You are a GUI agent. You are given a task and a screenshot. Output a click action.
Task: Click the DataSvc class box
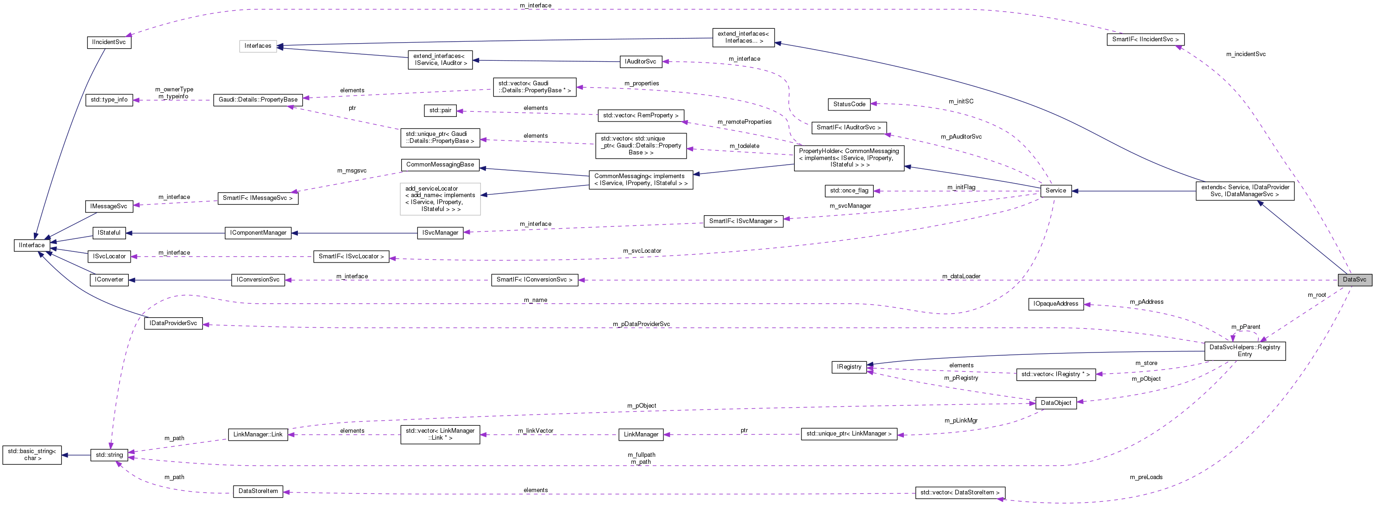1354,280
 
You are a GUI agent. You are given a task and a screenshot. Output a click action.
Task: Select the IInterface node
32,245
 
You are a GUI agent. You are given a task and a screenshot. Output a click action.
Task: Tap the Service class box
1055,190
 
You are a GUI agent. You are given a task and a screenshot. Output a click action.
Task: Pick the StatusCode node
849,104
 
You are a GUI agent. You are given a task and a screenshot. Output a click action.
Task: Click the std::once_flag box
849,191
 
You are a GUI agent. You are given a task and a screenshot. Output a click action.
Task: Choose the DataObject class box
1055,403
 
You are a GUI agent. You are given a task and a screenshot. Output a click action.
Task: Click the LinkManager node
641,435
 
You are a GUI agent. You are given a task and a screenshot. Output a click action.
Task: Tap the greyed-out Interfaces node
258,46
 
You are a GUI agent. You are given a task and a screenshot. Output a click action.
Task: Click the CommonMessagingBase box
440,165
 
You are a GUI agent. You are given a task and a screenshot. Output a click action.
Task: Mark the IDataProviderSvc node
173,323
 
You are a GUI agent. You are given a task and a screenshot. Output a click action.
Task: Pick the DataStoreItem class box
258,491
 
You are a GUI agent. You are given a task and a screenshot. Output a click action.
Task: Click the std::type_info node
109,100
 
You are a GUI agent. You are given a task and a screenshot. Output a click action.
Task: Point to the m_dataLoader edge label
961,276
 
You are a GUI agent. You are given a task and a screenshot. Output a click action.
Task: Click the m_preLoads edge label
1146,477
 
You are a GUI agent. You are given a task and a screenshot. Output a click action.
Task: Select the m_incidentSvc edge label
1245,54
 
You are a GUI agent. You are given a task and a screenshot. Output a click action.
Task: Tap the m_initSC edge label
961,102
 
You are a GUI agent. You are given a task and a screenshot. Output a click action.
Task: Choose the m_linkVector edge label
536,431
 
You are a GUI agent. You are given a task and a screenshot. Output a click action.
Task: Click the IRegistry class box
849,367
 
